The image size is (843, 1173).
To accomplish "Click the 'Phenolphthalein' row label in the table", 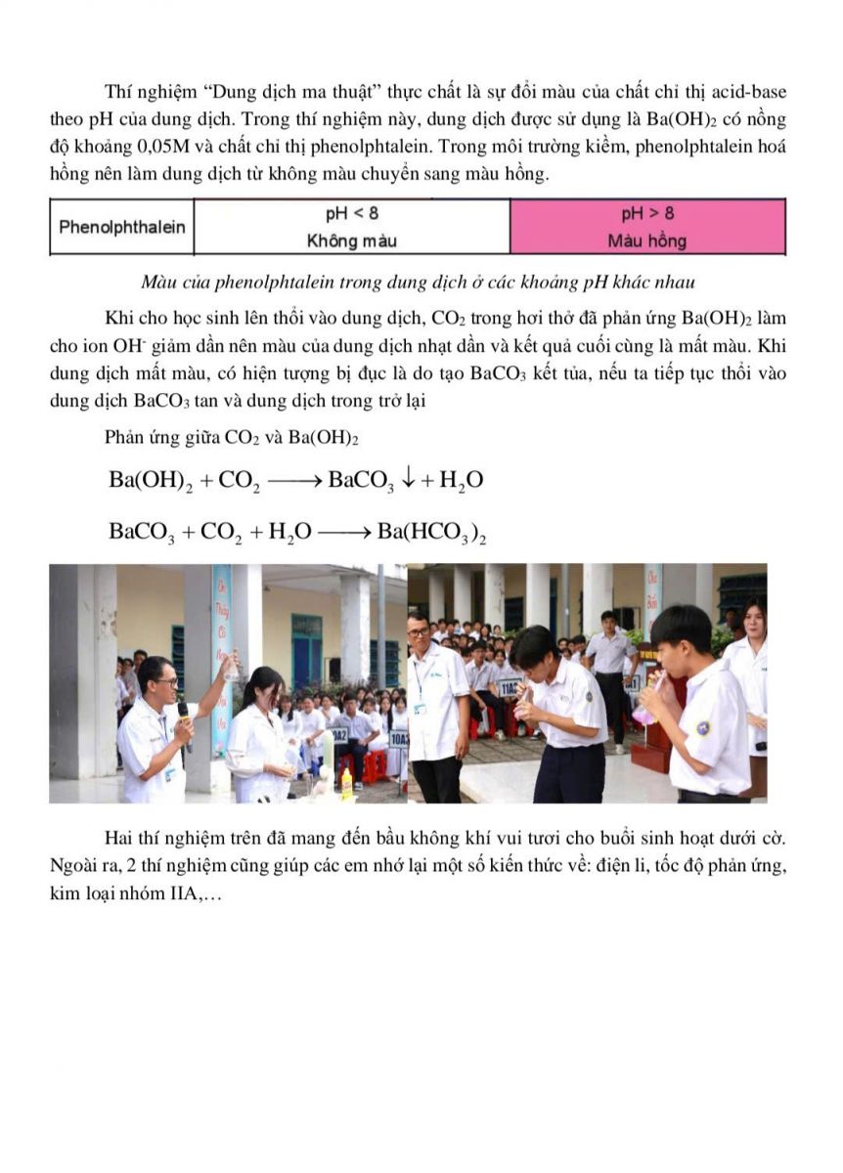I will (122, 228).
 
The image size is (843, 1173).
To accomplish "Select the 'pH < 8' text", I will (352, 213).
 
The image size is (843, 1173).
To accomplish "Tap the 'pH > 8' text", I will (647, 213).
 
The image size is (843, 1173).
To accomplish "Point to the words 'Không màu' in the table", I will (352, 240).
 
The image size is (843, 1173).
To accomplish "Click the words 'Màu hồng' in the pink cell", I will (647, 240).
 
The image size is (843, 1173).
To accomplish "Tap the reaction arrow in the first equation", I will (291, 480).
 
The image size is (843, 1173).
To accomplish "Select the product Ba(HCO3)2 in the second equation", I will (431, 532).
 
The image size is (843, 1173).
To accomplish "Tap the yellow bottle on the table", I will (345, 781).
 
